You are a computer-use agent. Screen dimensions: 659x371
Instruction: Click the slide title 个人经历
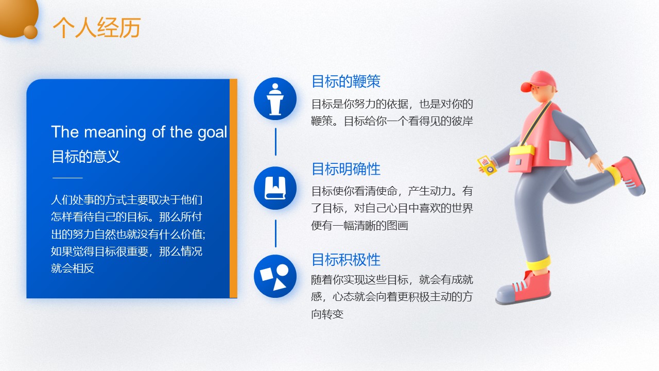[97, 27]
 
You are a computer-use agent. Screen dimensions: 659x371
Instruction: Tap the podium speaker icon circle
[275, 98]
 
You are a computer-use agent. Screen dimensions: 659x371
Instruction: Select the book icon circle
[275, 188]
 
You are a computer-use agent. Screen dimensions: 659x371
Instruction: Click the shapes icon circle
[275, 276]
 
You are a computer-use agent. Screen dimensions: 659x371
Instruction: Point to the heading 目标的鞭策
[346, 81]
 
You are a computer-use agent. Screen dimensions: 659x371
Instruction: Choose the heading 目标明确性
[346, 169]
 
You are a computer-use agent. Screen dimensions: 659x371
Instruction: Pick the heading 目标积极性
[346, 260]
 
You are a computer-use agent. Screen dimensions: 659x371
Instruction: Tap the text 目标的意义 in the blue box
[86, 156]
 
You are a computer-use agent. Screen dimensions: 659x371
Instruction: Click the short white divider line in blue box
[67, 178]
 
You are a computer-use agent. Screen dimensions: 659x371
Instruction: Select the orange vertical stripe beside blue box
[233, 189]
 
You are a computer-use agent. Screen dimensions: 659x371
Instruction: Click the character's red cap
[538, 81]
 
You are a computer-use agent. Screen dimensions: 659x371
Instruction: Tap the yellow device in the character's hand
[487, 165]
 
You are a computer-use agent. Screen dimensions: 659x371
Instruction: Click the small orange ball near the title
[30, 32]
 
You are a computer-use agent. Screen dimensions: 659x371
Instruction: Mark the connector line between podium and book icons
[275, 142]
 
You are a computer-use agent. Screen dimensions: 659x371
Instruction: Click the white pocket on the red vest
[557, 150]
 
